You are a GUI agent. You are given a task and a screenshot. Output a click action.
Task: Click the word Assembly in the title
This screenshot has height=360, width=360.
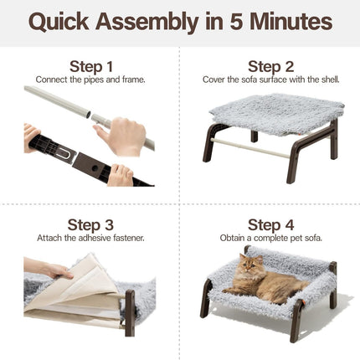147,23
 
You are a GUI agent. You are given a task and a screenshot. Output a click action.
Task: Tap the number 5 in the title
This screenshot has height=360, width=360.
236,22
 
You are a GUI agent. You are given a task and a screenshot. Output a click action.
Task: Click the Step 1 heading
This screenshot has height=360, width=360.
91,67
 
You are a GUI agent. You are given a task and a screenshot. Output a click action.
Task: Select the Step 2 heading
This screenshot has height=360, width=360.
270,67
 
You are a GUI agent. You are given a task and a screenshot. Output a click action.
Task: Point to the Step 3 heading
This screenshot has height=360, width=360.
90,225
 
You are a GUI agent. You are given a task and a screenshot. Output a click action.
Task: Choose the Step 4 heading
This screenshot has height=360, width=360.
270,225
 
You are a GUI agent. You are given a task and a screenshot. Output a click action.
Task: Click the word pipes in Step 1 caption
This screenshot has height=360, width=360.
94,80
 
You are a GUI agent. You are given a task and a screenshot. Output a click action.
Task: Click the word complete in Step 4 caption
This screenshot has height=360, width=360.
270,239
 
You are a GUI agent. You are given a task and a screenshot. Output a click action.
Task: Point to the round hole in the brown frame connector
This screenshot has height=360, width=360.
95,168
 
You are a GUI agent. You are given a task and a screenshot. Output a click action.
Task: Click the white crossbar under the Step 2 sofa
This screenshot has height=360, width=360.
249,148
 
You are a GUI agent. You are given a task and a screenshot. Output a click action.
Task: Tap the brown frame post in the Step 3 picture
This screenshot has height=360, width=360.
130,313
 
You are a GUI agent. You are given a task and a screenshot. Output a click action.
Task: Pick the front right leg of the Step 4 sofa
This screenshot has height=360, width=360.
296,321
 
